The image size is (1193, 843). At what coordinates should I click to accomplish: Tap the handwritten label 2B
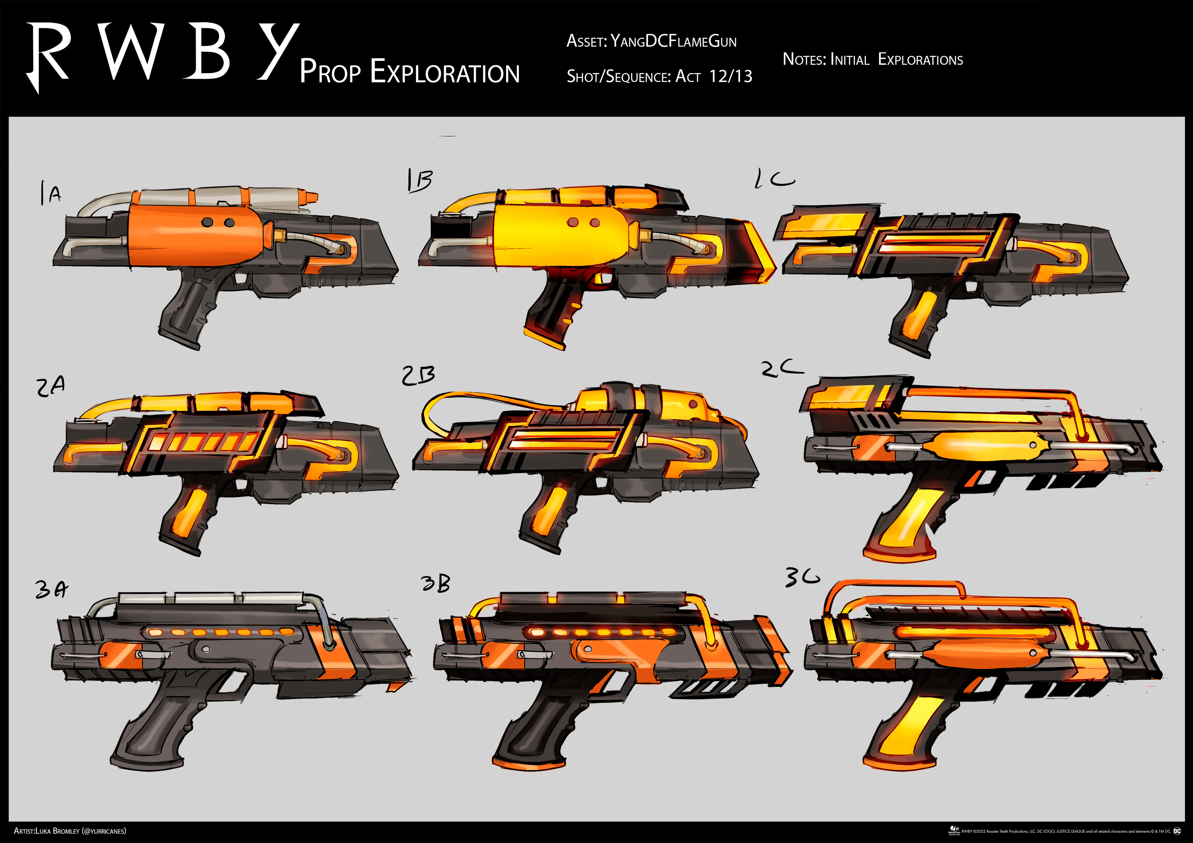418,376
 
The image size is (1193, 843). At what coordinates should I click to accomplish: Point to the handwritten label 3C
802,577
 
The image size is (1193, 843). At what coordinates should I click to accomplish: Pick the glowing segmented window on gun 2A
203,442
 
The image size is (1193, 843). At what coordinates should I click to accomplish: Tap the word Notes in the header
803,59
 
